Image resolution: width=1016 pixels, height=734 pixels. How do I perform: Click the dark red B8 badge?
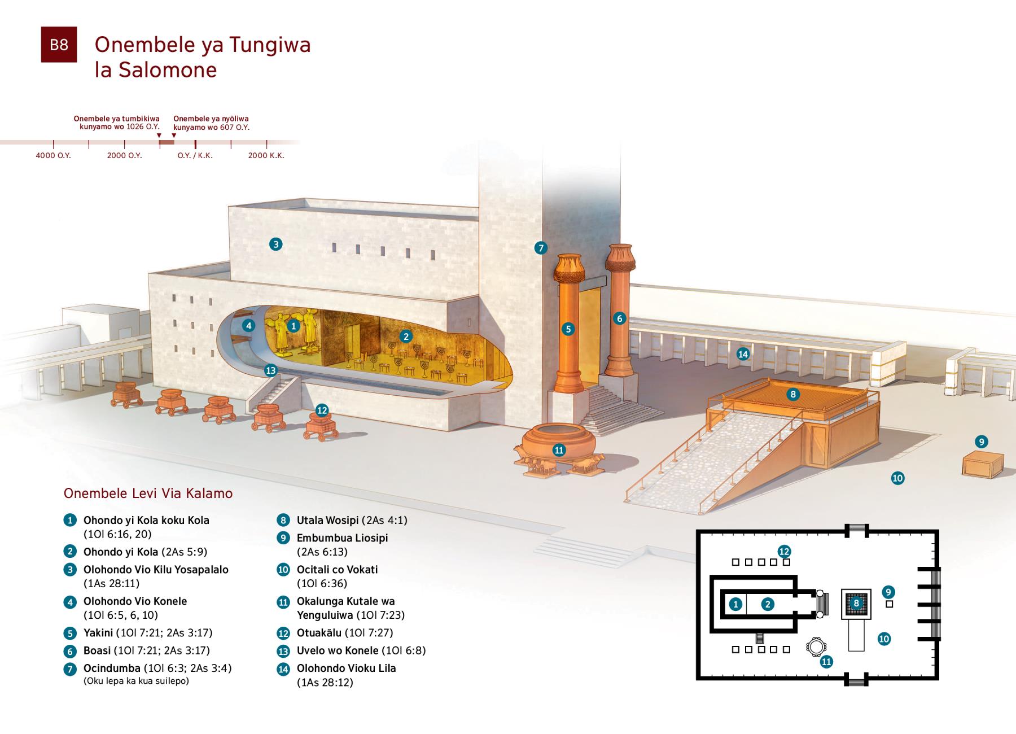[x=59, y=45]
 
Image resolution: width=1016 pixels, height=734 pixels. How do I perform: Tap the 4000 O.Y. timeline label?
[x=53, y=155]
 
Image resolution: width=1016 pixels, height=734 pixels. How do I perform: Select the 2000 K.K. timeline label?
[x=266, y=155]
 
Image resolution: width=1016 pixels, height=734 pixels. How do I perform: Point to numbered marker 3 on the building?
[x=275, y=244]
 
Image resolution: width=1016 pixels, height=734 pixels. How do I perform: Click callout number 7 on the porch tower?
[x=541, y=247]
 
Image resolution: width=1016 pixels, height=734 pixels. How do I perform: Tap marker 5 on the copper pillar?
[x=568, y=329]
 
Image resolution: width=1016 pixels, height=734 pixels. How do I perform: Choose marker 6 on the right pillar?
[x=619, y=318]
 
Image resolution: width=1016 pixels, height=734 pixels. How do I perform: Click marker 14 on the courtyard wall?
[x=743, y=354]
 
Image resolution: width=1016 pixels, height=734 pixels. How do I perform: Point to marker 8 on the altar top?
[x=793, y=394]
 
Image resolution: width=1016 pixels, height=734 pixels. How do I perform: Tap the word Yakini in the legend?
[x=98, y=632]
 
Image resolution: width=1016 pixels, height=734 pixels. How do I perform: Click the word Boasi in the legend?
[x=97, y=650]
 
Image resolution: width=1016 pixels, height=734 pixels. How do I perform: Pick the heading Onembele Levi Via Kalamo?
[x=148, y=493]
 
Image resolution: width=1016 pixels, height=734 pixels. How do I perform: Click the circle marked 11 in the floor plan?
[x=816, y=646]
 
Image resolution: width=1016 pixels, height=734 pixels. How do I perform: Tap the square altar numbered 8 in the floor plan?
[x=856, y=604]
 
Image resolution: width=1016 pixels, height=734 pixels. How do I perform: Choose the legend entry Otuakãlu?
[x=318, y=632]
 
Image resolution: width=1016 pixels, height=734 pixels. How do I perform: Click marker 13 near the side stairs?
[x=271, y=370]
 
